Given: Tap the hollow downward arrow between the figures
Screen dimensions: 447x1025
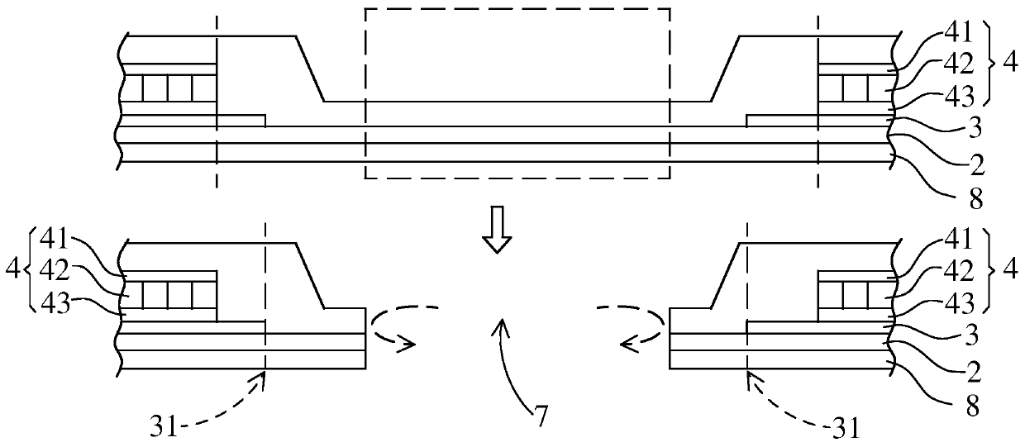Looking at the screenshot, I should point(498,231).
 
